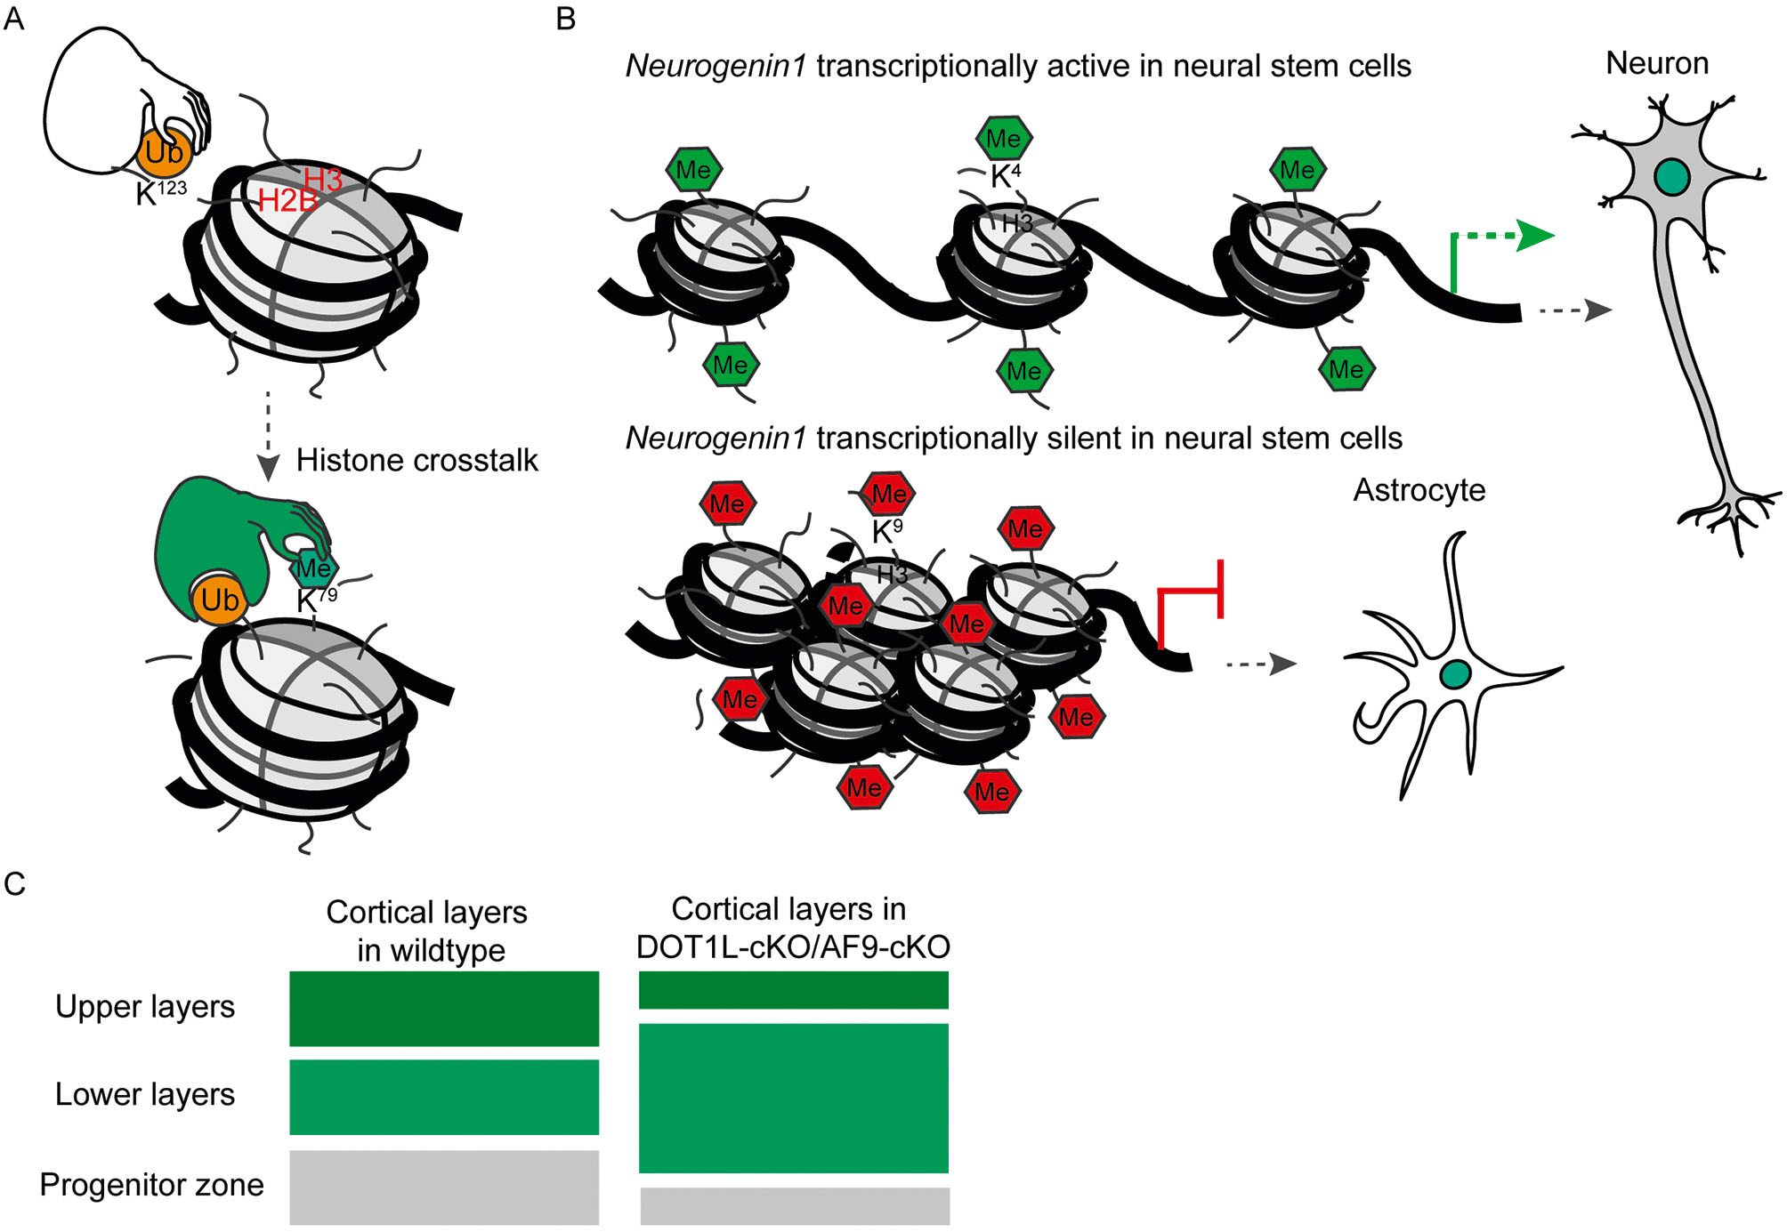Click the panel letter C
coord(14,883)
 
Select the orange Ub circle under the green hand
coord(219,600)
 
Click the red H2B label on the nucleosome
coord(287,201)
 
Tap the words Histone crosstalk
coord(416,460)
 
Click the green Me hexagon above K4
coord(1004,139)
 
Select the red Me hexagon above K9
coord(888,494)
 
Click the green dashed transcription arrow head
coord(1534,236)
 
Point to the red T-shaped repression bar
coord(1218,589)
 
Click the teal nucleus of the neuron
coord(1671,177)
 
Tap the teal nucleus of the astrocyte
coord(1455,674)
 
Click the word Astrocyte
coord(1419,490)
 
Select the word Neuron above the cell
coord(1656,63)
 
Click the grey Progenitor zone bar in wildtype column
coord(443,1187)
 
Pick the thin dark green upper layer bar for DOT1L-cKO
coord(793,990)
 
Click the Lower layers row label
coord(145,1094)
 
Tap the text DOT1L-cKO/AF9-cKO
coord(793,947)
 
